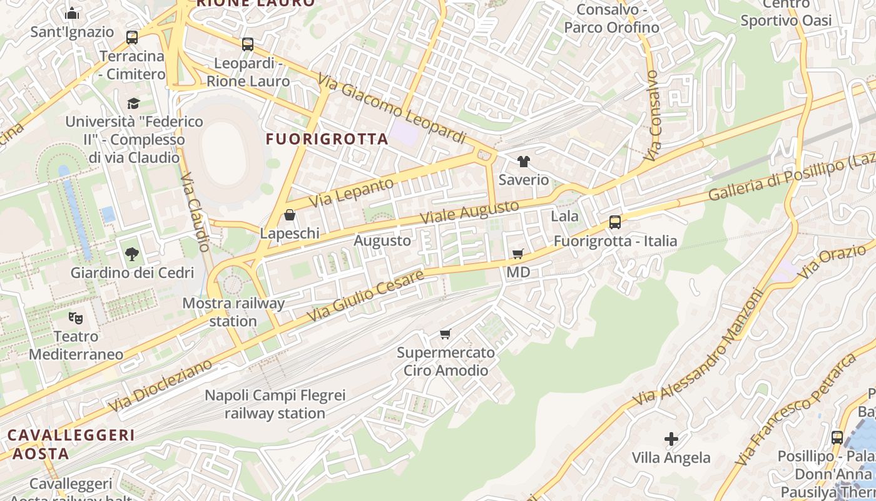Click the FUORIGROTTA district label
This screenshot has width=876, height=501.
click(327, 139)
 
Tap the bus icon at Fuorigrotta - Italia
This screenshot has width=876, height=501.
click(615, 222)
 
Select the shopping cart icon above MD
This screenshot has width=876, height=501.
click(517, 254)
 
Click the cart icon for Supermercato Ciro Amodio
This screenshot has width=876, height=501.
click(445, 334)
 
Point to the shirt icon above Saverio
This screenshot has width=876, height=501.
click(524, 162)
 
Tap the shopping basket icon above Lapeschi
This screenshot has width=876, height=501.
click(290, 215)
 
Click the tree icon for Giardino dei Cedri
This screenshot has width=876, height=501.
click(131, 254)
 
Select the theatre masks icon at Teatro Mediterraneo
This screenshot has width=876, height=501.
click(76, 318)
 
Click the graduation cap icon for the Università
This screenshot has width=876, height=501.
click(133, 103)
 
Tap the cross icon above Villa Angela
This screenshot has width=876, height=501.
click(671, 439)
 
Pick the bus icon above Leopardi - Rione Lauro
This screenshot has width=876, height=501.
click(248, 44)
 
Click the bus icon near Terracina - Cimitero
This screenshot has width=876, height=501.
click(132, 38)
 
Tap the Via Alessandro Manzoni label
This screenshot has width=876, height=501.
click(698, 346)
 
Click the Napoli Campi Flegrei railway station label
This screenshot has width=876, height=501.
click(275, 405)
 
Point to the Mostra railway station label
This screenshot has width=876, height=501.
click(233, 312)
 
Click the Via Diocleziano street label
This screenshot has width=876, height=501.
click(160, 386)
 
